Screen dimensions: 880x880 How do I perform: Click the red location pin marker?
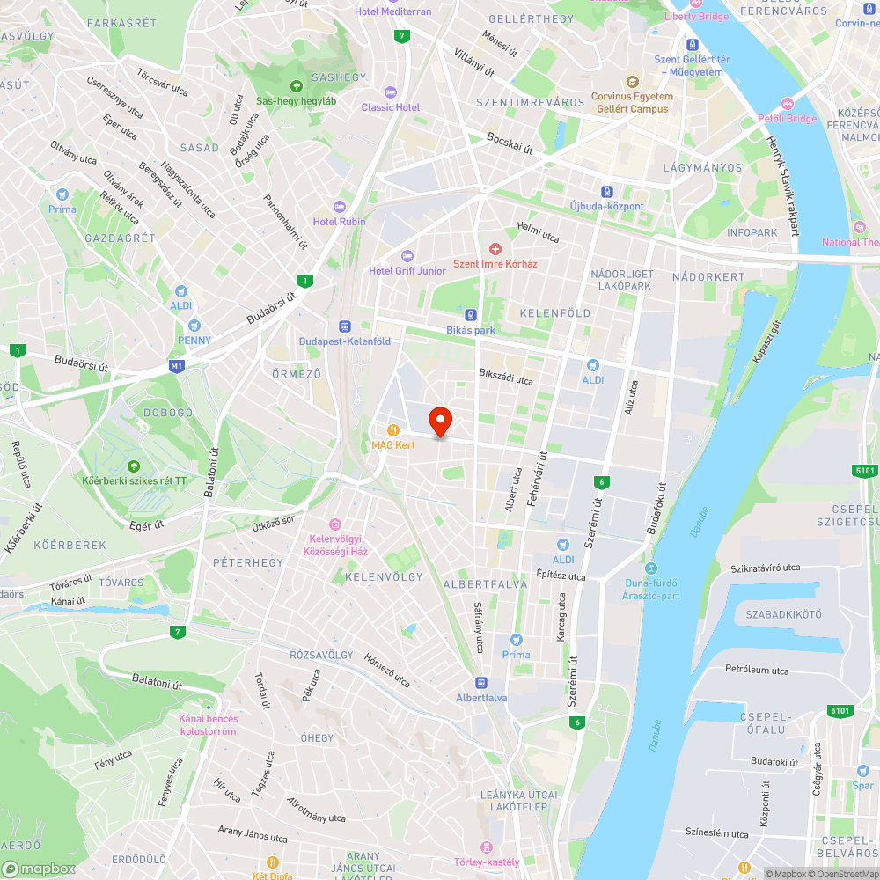[440, 422]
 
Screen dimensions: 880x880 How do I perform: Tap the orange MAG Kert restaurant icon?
[393, 430]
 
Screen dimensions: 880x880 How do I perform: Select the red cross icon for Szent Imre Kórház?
[495, 250]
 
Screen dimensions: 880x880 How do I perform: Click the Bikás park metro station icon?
[471, 315]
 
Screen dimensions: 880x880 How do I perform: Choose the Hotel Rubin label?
[340, 222]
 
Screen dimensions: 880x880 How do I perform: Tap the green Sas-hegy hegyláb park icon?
[297, 85]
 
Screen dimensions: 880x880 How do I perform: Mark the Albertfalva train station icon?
[480, 683]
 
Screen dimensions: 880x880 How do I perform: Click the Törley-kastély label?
[487, 862]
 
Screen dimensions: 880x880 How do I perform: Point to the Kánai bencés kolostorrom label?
[208, 725]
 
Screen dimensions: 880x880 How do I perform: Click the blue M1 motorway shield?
[177, 365]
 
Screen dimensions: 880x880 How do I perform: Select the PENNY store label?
[194, 341]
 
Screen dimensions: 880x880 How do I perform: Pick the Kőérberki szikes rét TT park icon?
[133, 466]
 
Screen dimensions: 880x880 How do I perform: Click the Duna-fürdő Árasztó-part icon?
[651, 568]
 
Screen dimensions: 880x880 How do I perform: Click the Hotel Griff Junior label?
[407, 271]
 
